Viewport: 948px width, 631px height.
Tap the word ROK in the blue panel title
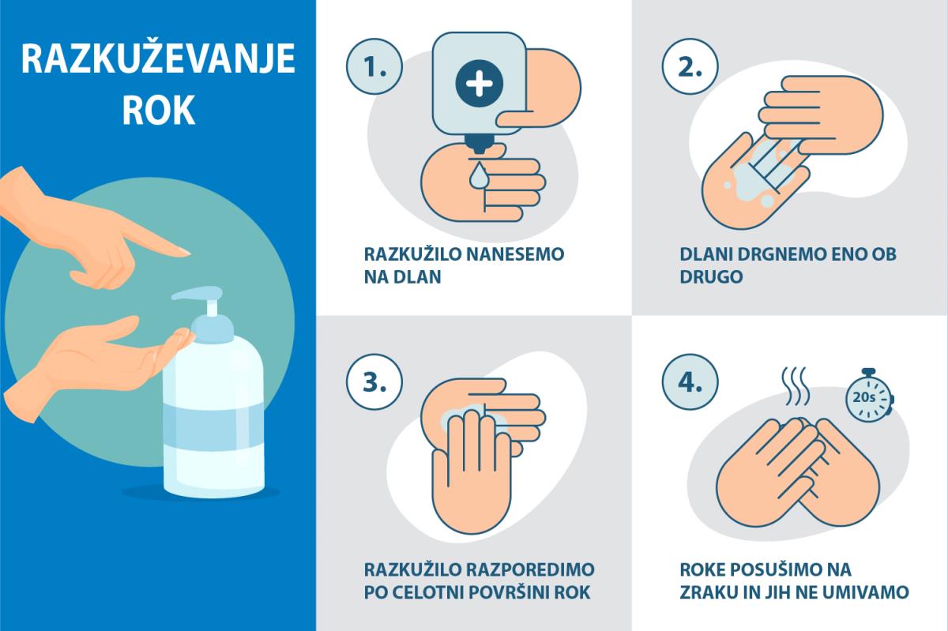pos(159,110)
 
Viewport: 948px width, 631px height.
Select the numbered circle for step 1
pos(374,66)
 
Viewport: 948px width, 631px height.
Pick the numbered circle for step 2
pos(690,66)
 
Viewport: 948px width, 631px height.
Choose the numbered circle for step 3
pos(374,381)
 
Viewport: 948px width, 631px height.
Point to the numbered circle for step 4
pos(690,381)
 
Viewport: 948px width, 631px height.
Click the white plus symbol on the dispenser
pos(479,84)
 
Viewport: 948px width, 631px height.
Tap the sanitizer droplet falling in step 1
pos(479,175)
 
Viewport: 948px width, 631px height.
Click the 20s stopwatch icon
pos(869,396)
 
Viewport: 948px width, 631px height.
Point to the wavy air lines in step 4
pos(796,386)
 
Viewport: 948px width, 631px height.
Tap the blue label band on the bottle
pos(213,426)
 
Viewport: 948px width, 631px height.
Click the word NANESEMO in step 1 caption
pos(515,254)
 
